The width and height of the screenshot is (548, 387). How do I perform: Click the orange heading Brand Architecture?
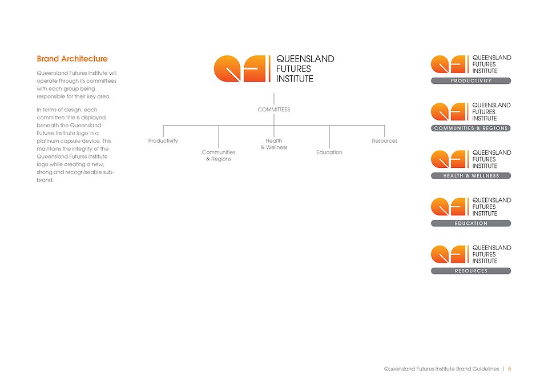tap(72, 59)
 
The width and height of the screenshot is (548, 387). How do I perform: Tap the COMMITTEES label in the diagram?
tap(274, 110)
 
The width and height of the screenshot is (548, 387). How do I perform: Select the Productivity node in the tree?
tap(163, 141)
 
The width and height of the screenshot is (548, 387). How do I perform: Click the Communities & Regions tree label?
tap(219, 155)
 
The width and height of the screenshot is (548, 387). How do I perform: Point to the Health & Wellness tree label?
tap(274, 144)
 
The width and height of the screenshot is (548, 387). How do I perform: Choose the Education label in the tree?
tap(329, 152)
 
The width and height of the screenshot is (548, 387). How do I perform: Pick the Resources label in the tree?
tap(385, 141)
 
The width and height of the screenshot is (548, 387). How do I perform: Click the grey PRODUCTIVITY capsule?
tap(471, 81)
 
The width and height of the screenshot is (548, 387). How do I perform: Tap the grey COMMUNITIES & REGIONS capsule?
tap(471, 128)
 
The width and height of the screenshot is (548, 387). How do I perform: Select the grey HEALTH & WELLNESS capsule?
tap(471, 176)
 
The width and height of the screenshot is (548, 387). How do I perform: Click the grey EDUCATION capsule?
tap(471, 223)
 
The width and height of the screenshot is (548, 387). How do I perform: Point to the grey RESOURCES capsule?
tap(471, 271)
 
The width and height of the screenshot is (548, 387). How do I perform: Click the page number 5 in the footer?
tap(510, 369)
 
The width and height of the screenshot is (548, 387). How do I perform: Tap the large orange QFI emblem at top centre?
tap(240, 68)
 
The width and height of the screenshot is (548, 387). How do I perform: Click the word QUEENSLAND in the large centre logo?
tap(305, 59)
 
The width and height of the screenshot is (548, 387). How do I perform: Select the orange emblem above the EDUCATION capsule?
tap(449, 207)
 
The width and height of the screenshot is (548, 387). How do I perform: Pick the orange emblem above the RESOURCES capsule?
tap(449, 254)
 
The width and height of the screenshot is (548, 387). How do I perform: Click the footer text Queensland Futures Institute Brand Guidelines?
tap(441, 369)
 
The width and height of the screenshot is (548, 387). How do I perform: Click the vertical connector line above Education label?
tap(329, 137)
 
